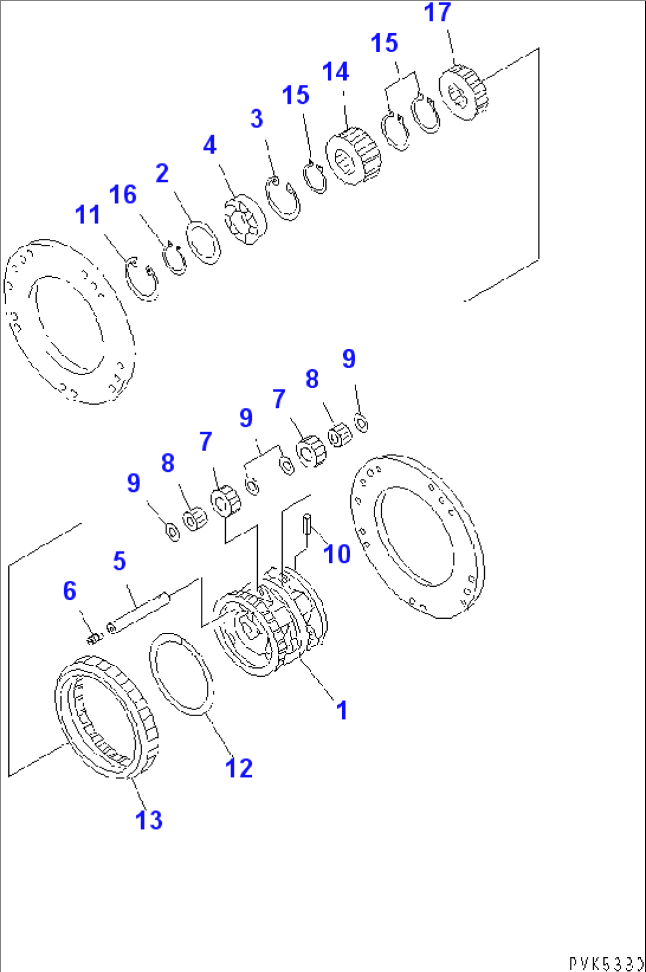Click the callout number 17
click(437, 12)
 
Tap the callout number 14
click(335, 72)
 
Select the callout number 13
click(148, 820)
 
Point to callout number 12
click(239, 768)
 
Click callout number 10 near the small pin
click(337, 554)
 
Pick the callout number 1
click(341, 710)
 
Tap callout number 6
click(70, 591)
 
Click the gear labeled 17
click(463, 93)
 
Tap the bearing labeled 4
click(245, 219)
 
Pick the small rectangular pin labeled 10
click(306, 524)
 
